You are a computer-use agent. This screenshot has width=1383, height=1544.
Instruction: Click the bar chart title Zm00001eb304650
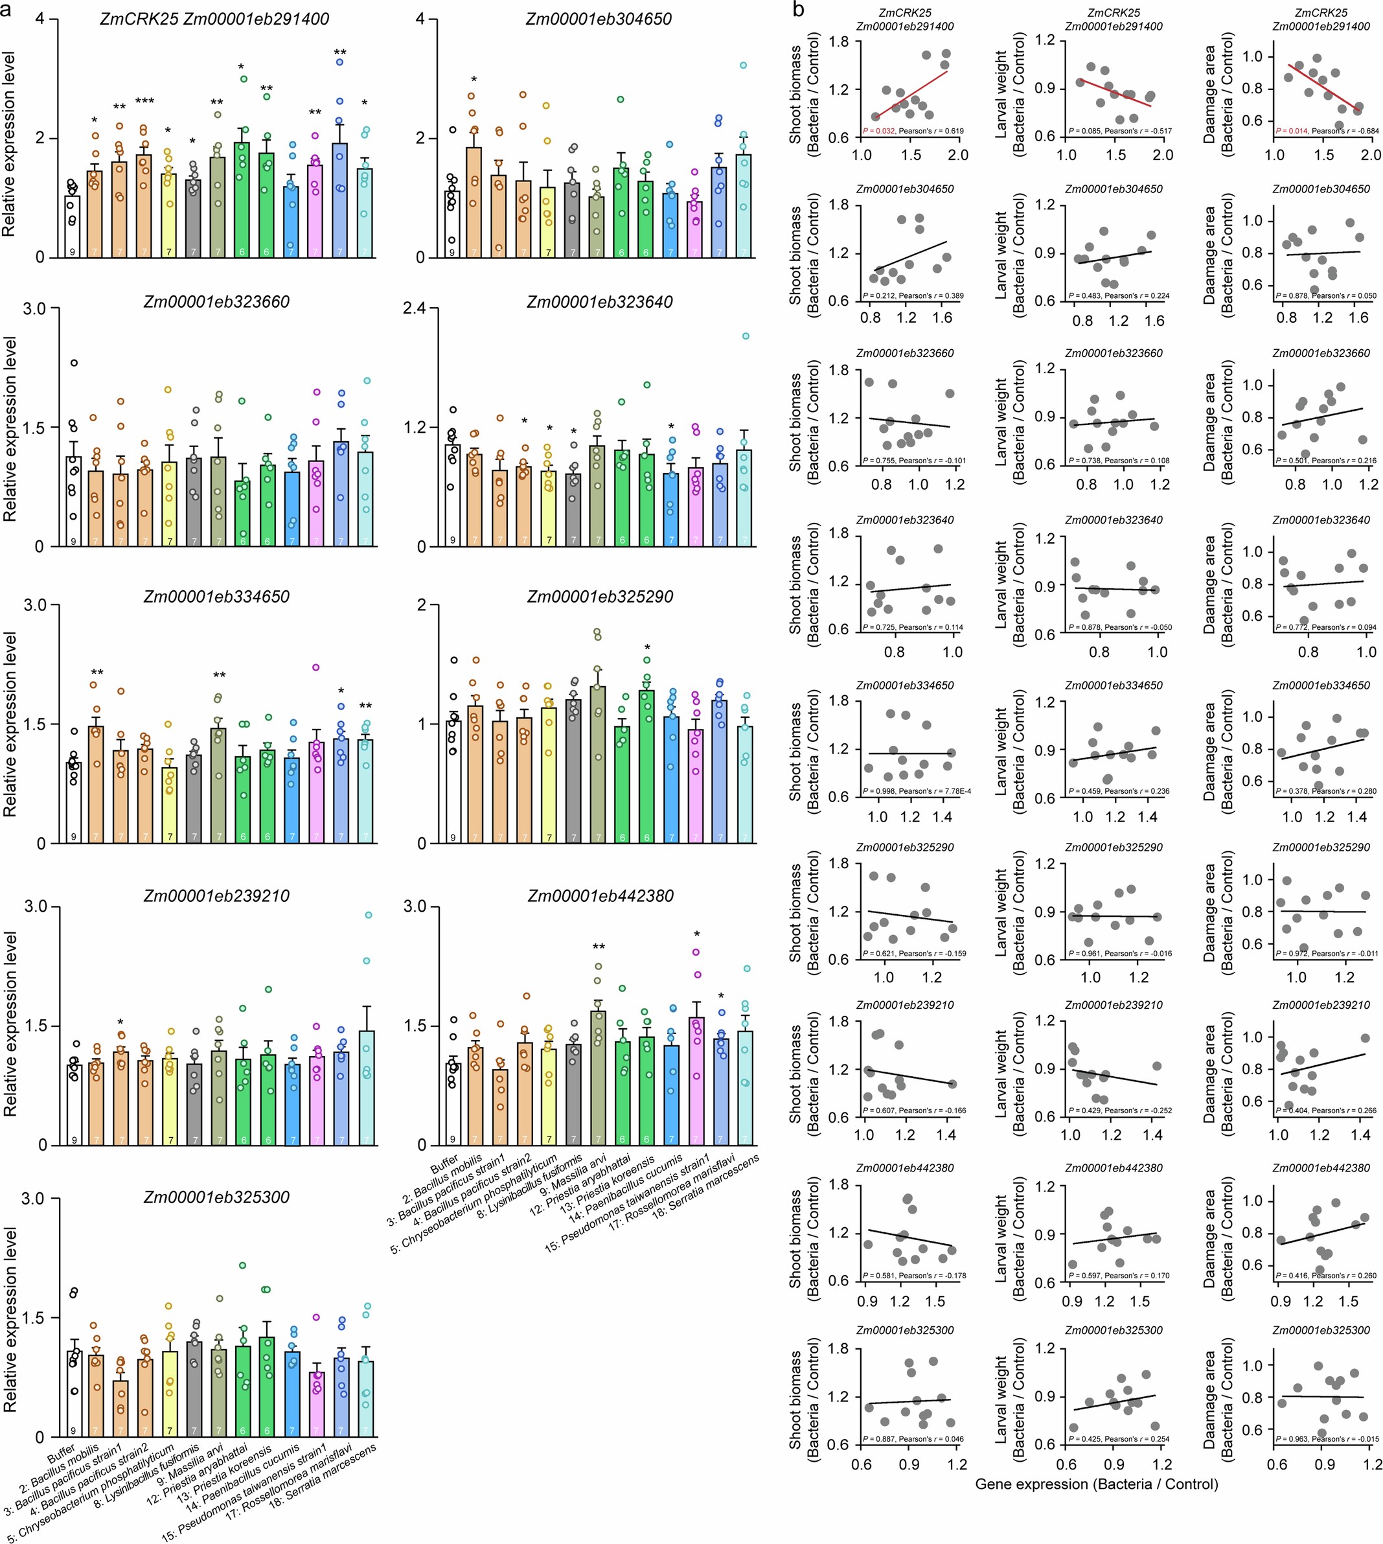(598, 19)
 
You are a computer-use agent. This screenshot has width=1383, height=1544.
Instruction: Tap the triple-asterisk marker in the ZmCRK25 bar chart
(144, 102)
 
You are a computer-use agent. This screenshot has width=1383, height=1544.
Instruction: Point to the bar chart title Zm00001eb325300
(216, 1197)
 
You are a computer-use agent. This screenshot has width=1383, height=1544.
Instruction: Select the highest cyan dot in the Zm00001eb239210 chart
(367, 916)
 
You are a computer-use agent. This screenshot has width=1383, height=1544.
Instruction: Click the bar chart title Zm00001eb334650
(216, 597)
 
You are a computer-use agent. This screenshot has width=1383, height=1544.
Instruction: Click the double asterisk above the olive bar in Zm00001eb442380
(598, 947)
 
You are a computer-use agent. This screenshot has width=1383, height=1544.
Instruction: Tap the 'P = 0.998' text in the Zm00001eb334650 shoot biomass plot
(878, 791)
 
